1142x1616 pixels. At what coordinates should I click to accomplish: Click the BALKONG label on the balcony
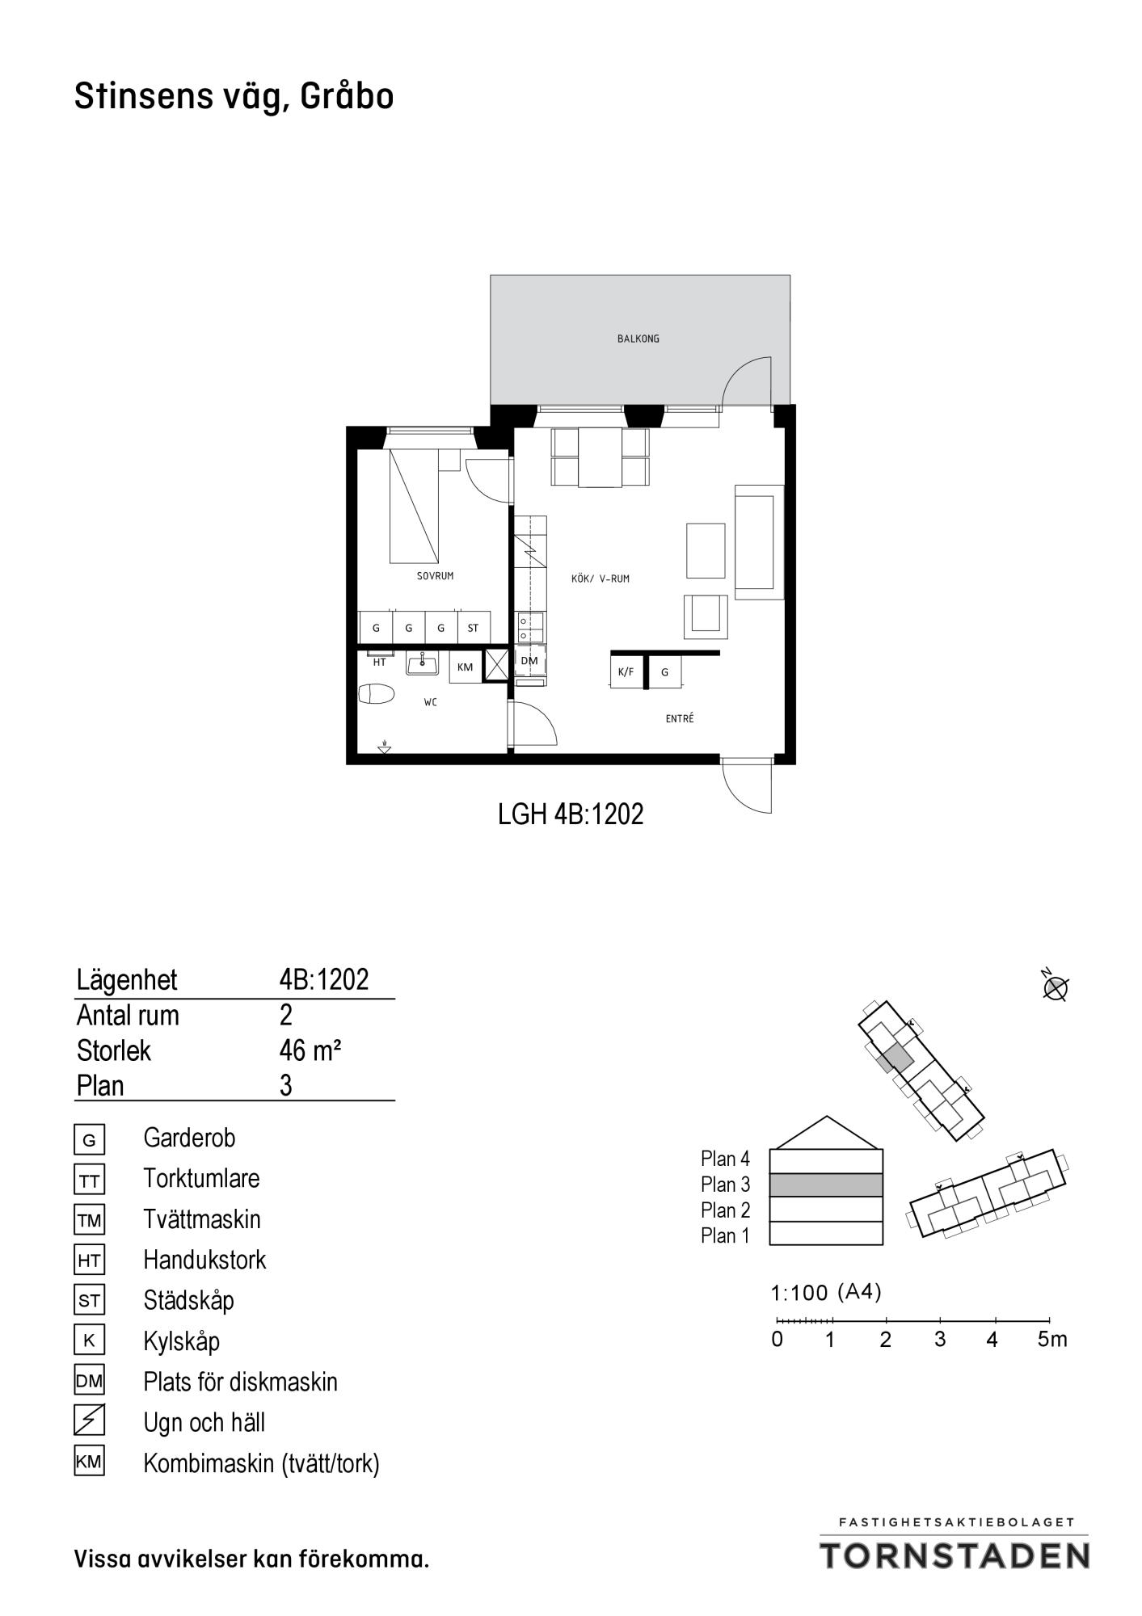point(638,339)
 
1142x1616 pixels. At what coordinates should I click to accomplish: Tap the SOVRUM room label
point(435,576)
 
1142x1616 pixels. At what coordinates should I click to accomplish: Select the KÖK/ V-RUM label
point(600,579)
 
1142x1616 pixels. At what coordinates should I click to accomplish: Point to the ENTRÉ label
point(680,718)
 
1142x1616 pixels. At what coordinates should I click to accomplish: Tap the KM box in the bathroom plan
point(465,667)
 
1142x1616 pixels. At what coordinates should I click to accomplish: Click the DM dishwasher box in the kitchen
point(529,661)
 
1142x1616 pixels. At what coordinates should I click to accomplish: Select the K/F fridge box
point(626,671)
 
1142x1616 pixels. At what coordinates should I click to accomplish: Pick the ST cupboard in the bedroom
point(473,627)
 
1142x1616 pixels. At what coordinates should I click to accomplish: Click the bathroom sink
point(422,664)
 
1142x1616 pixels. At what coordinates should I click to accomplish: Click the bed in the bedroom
point(415,507)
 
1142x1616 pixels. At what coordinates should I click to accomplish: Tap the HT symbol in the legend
point(89,1260)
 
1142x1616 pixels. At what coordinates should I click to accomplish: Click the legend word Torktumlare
point(201,1178)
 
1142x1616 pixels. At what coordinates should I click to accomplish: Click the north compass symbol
point(1056,987)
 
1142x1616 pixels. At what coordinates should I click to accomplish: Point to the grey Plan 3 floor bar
point(826,1185)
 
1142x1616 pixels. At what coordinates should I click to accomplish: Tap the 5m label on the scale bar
point(1052,1340)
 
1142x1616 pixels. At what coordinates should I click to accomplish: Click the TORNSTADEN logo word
point(955,1555)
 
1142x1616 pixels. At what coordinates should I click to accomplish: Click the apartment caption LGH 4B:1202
point(571,814)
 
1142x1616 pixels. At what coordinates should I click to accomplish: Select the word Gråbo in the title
point(348,97)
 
